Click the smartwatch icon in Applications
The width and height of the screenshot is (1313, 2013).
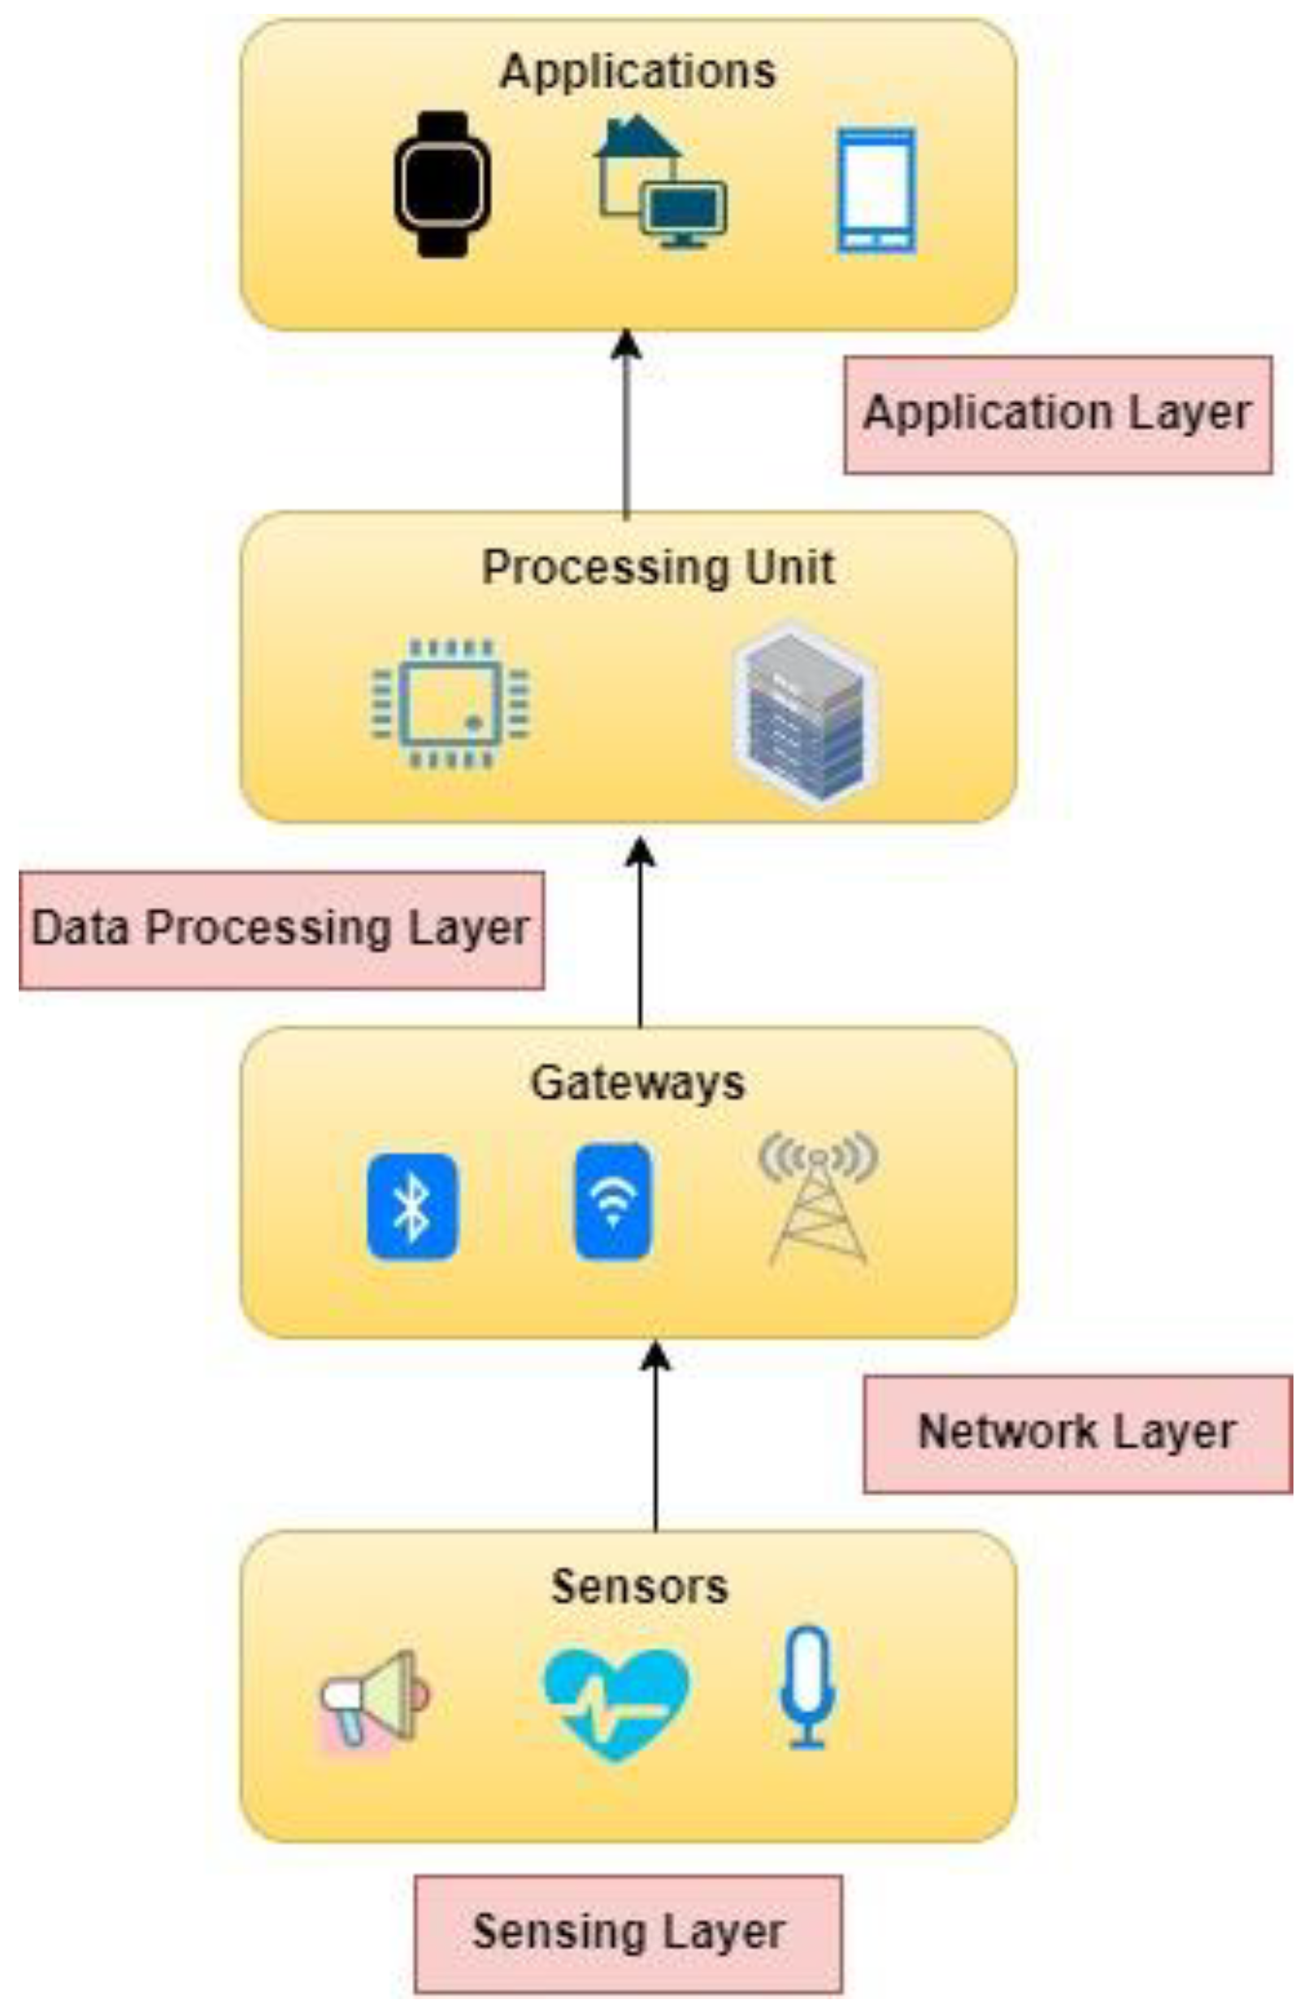pos(441,184)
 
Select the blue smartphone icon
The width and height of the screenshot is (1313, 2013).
pos(876,189)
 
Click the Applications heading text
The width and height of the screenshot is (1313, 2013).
pos(637,71)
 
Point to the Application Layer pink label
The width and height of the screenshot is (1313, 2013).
pos(1058,414)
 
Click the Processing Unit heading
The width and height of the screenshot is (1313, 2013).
pos(659,566)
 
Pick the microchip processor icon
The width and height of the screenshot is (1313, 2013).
pos(450,704)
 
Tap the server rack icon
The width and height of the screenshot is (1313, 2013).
pos(804,714)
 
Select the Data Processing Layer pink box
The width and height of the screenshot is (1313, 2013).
pos(280,929)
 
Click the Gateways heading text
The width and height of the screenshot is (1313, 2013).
pos(637,1082)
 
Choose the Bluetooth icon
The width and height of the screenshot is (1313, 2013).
pos(412,1207)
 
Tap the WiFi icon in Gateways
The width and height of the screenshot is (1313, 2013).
pos(612,1202)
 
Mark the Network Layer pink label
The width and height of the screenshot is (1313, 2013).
pos(1077,1433)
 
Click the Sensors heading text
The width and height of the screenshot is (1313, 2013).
pos(639,1586)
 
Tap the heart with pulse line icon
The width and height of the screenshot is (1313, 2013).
pos(616,1702)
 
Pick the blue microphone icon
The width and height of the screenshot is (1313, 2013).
pos(807,1686)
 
